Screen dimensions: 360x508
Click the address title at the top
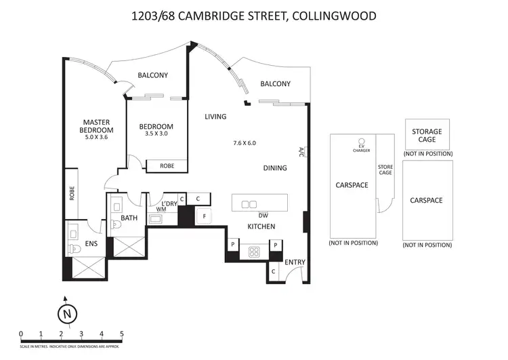254,15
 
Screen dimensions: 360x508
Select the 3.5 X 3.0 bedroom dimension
156,134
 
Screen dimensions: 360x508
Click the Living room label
215,117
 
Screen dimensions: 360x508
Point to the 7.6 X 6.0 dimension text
245,143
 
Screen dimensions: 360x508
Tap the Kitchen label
260,226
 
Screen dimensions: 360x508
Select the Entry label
295,262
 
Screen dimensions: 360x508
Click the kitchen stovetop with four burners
255,252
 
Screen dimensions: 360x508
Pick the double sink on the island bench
249,204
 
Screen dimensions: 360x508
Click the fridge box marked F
205,216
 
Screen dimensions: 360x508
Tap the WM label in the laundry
161,209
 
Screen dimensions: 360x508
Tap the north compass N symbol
66,314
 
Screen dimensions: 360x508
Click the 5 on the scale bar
121,333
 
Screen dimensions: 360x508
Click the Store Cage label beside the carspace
385,169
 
